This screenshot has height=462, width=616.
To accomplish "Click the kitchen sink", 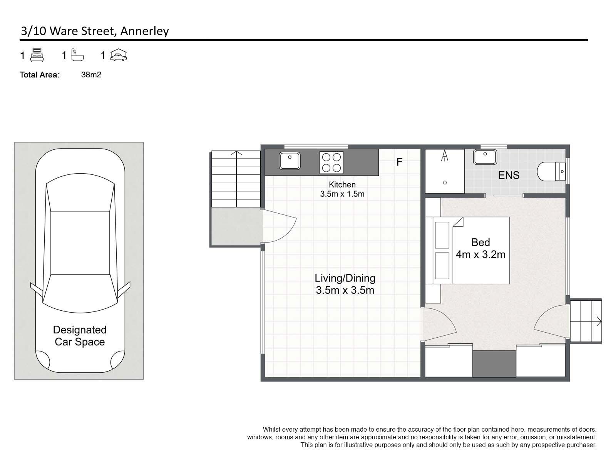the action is [x=290, y=161].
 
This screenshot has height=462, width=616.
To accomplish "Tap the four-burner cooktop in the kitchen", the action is [x=331, y=162].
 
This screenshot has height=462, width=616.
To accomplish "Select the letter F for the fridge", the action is [x=399, y=162].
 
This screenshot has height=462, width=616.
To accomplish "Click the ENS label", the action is [x=509, y=175].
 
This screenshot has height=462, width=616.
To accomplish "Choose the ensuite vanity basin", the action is [x=485, y=157].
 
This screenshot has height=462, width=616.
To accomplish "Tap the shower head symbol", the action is [x=445, y=156].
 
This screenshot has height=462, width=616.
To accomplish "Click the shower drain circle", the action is [x=445, y=182].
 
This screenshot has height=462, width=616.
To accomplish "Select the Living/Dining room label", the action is [x=345, y=278].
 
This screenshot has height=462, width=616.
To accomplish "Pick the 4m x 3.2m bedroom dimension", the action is [x=480, y=255].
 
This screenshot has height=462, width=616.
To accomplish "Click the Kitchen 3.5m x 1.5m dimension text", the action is [x=342, y=194].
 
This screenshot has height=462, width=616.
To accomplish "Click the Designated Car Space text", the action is [x=80, y=336].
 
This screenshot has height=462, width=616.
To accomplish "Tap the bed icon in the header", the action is [x=37, y=55].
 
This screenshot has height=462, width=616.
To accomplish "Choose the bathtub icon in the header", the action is [x=77, y=55].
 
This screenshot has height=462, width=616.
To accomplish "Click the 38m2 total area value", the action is [x=91, y=75].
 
